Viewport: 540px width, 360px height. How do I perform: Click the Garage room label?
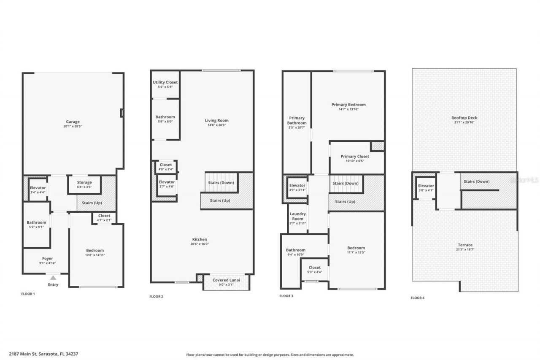pos(73,122)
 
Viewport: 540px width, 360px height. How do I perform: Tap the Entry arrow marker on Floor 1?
pos(53,278)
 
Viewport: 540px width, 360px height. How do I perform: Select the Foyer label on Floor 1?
pos(47,259)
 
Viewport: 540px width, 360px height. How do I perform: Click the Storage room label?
pos(84,182)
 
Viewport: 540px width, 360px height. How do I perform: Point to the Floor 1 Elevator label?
pos(38,187)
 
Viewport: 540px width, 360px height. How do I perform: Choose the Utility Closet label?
pos(165,82)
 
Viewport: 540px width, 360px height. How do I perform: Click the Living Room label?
pos(217,120)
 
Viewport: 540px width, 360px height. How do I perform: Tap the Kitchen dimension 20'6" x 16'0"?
pos(200,244)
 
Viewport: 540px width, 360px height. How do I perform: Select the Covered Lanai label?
pos(226,280)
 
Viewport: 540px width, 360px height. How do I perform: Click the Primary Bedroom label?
pos(348,105)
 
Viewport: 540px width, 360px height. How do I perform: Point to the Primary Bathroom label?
pos(297,120)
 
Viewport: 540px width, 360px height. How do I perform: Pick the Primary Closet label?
pos(355,156)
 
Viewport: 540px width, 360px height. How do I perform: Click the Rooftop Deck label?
pos(464,118)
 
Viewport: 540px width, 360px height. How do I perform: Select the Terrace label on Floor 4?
pos(465,245)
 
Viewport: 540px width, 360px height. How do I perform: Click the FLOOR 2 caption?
pos(156,296)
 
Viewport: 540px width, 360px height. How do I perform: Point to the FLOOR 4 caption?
pos(418,298)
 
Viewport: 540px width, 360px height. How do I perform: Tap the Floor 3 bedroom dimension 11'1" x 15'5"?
pos(356,252)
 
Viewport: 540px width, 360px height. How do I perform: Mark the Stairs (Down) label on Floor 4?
pos(477,181)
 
